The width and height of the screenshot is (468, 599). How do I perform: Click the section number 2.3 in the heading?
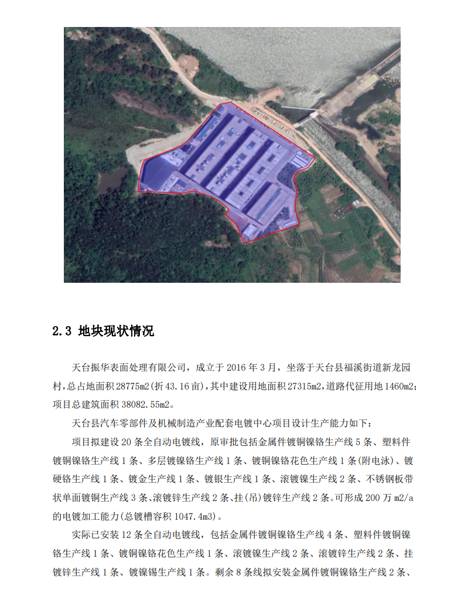tap(62, 331)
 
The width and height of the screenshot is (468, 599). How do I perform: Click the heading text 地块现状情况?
tap(116, 331)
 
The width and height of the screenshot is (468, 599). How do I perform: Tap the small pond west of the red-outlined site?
tap(112, 182)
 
